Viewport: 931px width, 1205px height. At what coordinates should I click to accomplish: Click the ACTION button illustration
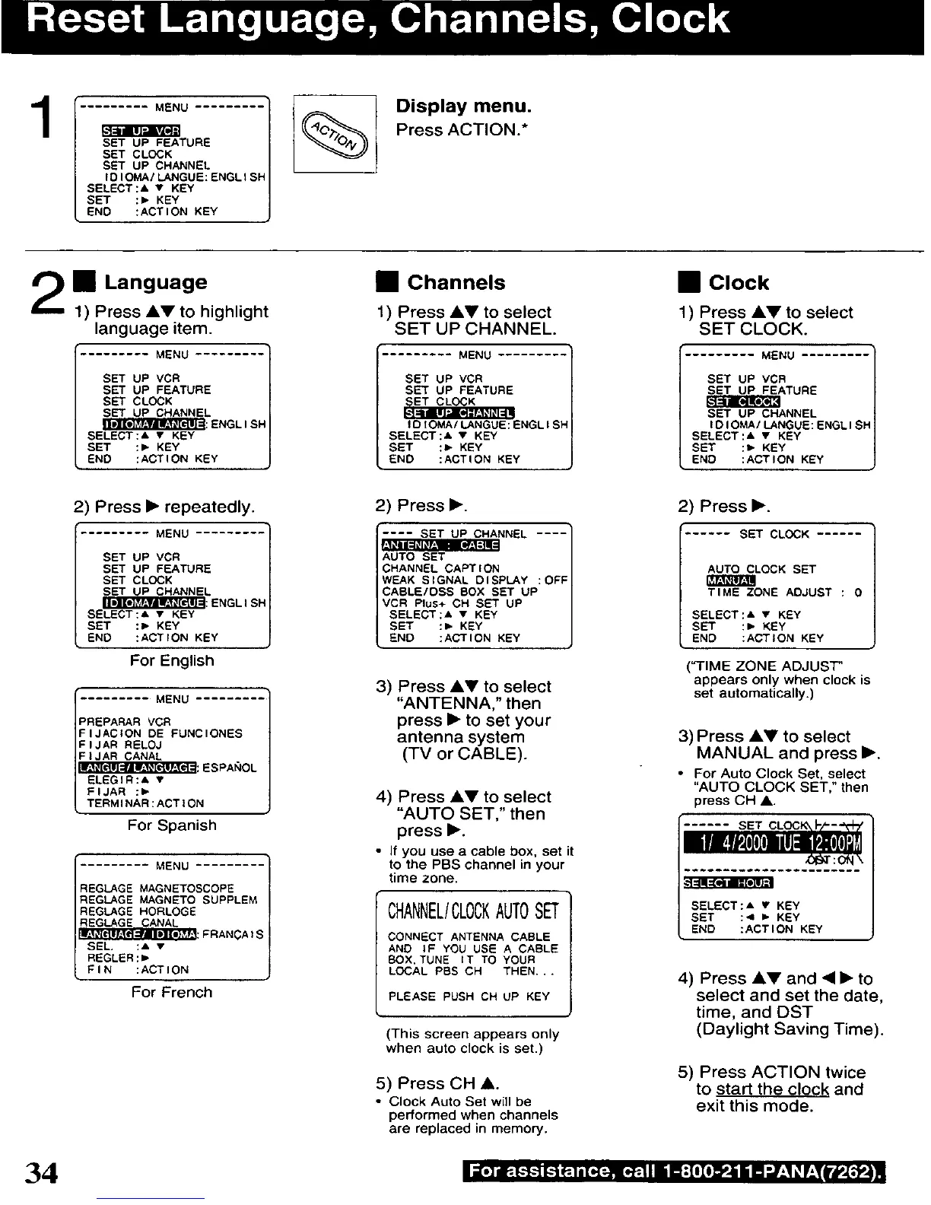(335, 134)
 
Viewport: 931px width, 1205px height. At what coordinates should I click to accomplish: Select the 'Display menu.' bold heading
(463, 106)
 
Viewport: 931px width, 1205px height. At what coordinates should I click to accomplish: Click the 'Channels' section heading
(456, 283)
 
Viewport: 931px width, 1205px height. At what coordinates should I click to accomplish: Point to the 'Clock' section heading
(738, 283)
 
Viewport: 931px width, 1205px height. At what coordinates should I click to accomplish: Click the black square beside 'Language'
(83, 283)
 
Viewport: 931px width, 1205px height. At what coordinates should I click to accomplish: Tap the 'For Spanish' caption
(172, 825)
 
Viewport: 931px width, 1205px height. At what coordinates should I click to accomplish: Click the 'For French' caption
(172, 992)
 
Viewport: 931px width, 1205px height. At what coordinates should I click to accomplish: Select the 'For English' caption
(172, 660)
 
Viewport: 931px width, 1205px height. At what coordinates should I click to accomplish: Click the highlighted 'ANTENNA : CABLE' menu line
(440, 545)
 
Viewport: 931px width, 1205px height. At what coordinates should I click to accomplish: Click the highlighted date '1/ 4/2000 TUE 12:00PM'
(773, 844)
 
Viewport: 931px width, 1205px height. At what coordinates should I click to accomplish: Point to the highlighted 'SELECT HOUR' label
(728, 882)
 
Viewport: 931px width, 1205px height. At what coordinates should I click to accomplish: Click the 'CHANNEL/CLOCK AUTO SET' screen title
(472, 911)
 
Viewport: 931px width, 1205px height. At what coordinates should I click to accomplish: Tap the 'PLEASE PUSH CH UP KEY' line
(469, 996)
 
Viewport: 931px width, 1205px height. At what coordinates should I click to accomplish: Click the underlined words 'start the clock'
(772, 1089)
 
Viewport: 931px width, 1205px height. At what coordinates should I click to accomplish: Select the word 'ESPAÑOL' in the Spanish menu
(230, 768)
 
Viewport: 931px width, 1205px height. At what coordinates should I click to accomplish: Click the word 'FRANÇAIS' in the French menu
(234, 934)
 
